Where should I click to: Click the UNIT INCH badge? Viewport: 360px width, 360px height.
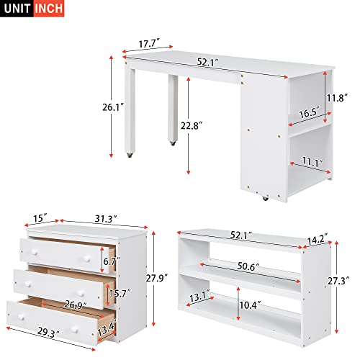tap(32, 9)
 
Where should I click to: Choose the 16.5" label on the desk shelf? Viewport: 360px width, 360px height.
tap(308, 113)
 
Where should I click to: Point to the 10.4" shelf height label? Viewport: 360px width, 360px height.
tap(251, 306)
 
